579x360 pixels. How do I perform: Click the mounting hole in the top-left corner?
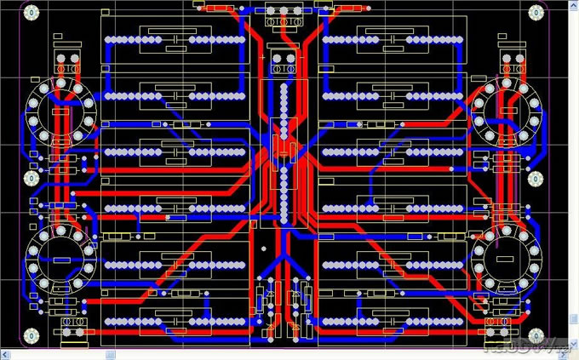(x=32, y=13)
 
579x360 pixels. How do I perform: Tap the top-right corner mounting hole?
(x=536, y=13)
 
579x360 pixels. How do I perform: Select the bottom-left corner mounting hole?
(x=32, y=337)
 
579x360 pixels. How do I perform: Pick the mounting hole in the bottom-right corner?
(x=536, y=337)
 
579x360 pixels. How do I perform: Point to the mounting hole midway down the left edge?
(x=32, y=179)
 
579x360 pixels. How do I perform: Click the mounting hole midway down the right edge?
(x=536, y=179)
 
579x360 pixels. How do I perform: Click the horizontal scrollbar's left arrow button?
(x=5, y=354)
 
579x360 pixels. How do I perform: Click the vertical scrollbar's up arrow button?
(x=574, y=5)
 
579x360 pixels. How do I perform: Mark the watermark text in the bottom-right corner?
(x=525, y=346)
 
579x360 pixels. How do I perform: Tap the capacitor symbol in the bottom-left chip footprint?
(x=174, y=321)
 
